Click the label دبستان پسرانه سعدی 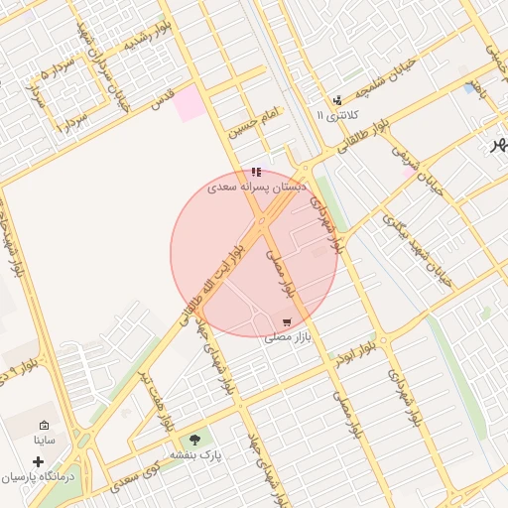257,187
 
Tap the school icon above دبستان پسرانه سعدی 257,173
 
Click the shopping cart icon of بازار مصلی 287,322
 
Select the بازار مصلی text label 288,337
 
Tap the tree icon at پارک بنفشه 194,440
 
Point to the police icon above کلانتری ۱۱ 338,100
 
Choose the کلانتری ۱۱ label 333,115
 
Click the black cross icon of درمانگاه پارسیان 39,461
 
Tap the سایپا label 44,439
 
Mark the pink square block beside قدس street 190,107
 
